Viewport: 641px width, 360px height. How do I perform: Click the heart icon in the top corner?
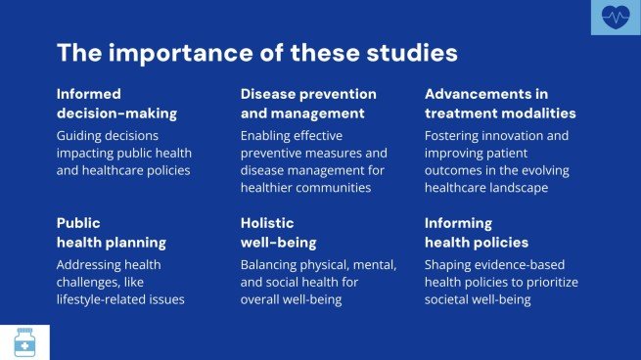click(616, 17)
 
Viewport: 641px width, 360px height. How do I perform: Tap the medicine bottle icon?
click(24, 341)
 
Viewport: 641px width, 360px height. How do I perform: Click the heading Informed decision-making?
click(107, 103)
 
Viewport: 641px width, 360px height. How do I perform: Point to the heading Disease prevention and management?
click(308, 103)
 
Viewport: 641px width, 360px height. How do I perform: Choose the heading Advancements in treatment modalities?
click(500, 103)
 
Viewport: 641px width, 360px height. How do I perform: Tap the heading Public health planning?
click(111, 232)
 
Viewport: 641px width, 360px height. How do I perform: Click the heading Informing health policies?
click(477, 232)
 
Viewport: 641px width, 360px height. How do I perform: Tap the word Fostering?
click(454, 136)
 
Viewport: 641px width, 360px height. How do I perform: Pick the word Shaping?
click(449, 265)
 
